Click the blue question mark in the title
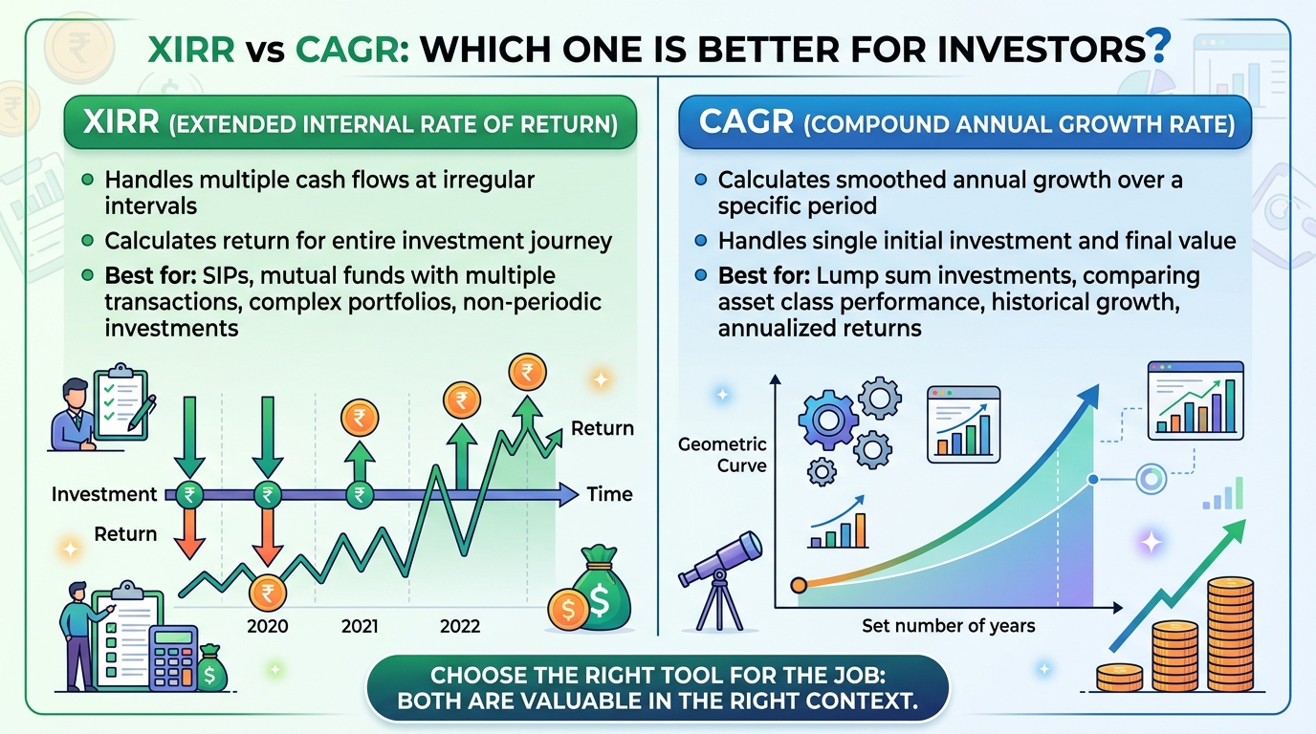[x=1159, y=46]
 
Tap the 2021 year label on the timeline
[x=360, y=627]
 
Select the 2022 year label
[x=460, y=627]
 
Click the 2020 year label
[x=268, y=627]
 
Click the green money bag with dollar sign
[x=601, y=589]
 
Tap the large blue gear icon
[x=828, y=420]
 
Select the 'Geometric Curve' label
[x=722, y=455]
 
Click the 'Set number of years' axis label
[x=948, y=626]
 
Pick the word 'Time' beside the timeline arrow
[x=610, y=494]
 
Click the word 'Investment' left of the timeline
[x=104, y=494]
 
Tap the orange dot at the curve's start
[x=799, y=585]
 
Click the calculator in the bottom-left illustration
[x=173, y=658]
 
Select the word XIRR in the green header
[x=121, y=121]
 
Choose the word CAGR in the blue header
[x=747, y=121]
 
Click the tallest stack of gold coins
[x=1230, y=635]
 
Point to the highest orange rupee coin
[x=527, y=372]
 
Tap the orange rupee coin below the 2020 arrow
[x=268, y=594]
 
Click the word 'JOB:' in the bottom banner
[x=858, y=676]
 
